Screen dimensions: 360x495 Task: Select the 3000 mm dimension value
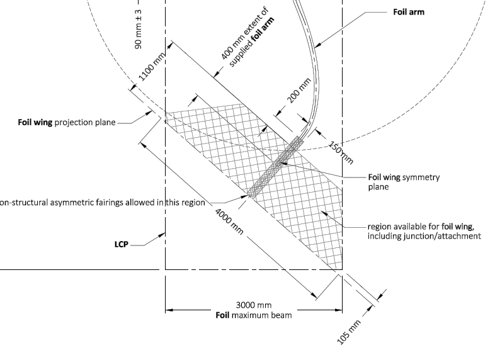coord(254,305)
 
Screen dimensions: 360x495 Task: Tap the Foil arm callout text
coord(408,12)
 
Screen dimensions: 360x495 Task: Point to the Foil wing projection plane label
coord(66,122)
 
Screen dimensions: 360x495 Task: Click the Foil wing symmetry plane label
coord(404,181)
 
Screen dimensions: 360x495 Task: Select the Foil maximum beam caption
coord(254,315)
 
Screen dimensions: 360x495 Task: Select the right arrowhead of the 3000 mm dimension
coord(339,310)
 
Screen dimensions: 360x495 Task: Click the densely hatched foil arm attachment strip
coord(275,167)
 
